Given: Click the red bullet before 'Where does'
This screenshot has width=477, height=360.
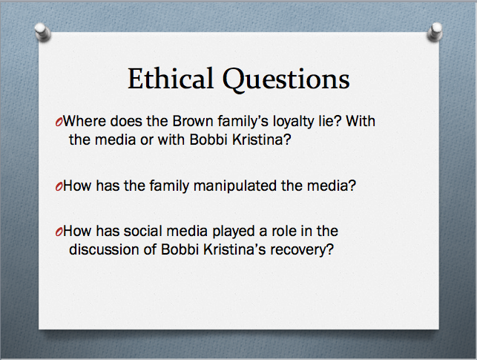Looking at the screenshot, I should [x=59, y=122].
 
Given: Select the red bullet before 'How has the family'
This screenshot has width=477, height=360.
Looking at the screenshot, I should [x=59, y=186].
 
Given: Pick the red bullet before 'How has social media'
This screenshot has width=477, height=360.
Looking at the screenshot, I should [x=59, y=232].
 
